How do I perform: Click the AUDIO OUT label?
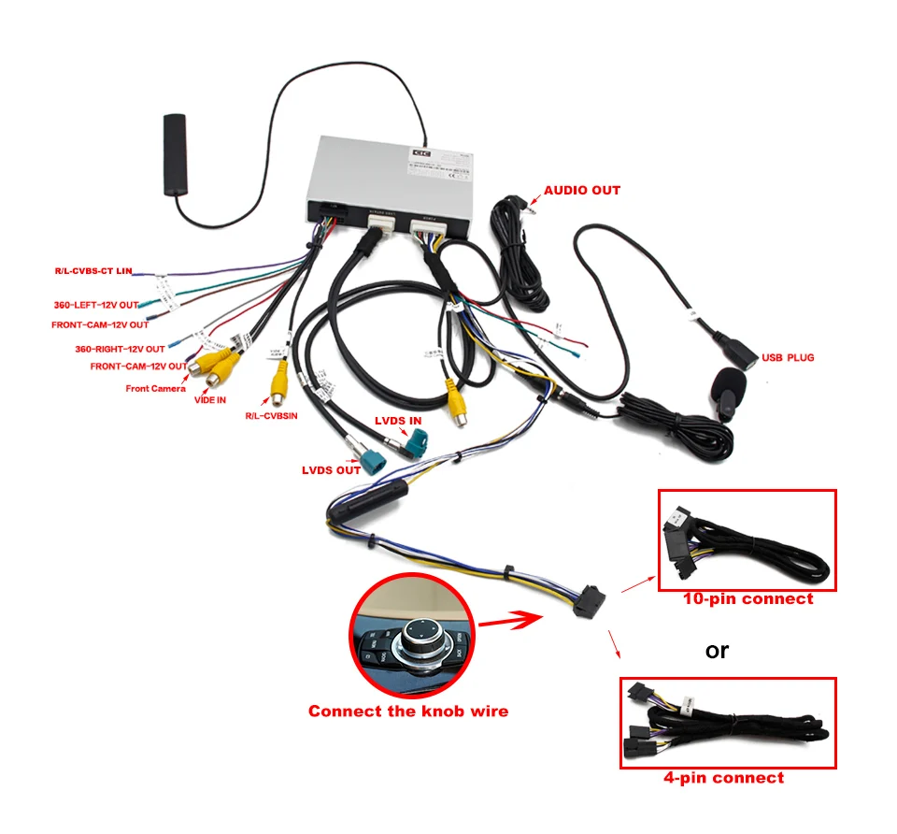click(x=581, y=191)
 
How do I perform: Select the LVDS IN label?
click(x=398, y=421)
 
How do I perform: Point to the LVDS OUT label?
click(x=331, y=469)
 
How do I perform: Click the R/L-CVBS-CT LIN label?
click(x=93, y=271)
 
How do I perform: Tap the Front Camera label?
click(x=155, y=388)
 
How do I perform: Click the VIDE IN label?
click(x=209, y=400)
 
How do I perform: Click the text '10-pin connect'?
click(x=747, y=599)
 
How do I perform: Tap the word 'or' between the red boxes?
click(x=717, y=649)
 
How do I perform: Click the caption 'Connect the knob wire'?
click(x=408, y=712)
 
